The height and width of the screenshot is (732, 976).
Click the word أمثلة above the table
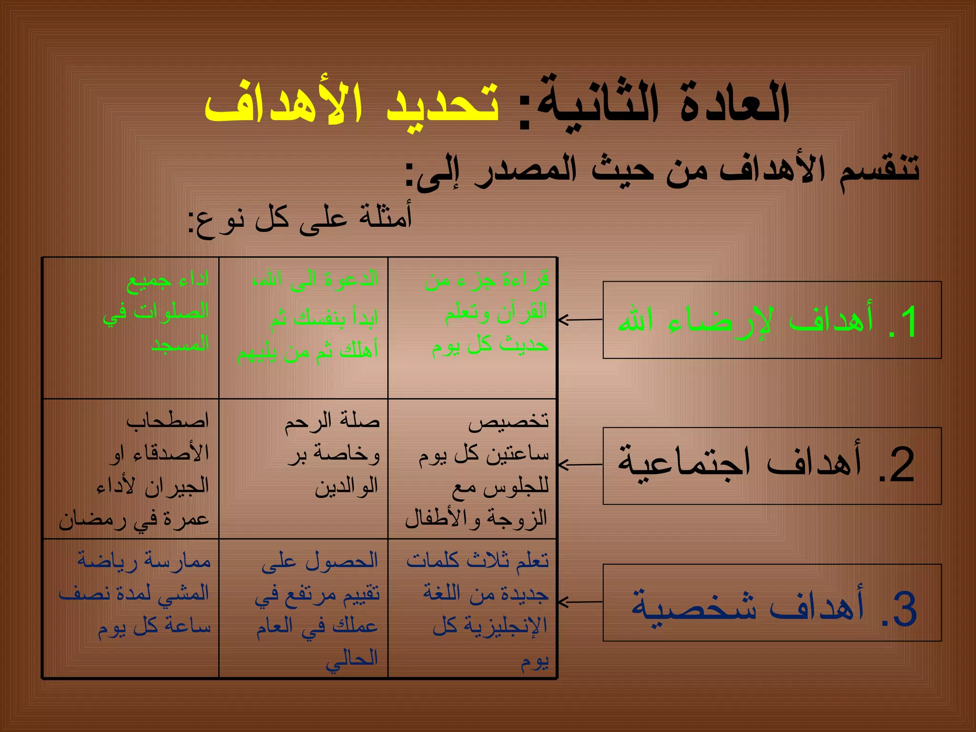tap(386, 217)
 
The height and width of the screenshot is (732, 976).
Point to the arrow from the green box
tap(579, 320)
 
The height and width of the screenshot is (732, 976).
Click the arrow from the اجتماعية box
tap(579, 464)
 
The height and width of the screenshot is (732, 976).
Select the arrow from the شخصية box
tap(579, 602)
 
